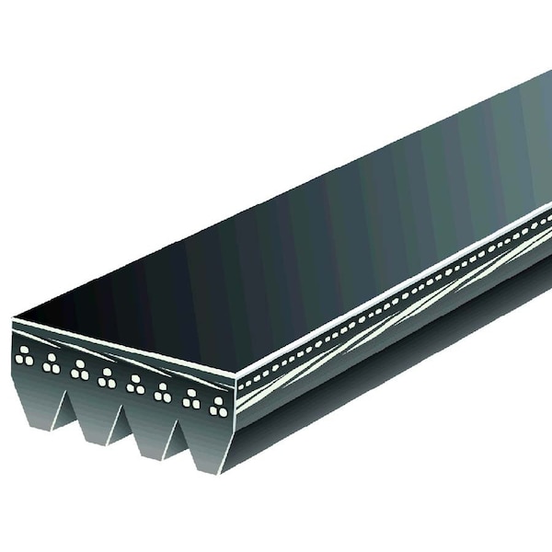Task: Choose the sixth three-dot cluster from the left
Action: tap(163, 393)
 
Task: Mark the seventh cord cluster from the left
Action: tap(191, 398)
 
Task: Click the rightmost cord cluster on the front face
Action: tap(218, 407)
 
